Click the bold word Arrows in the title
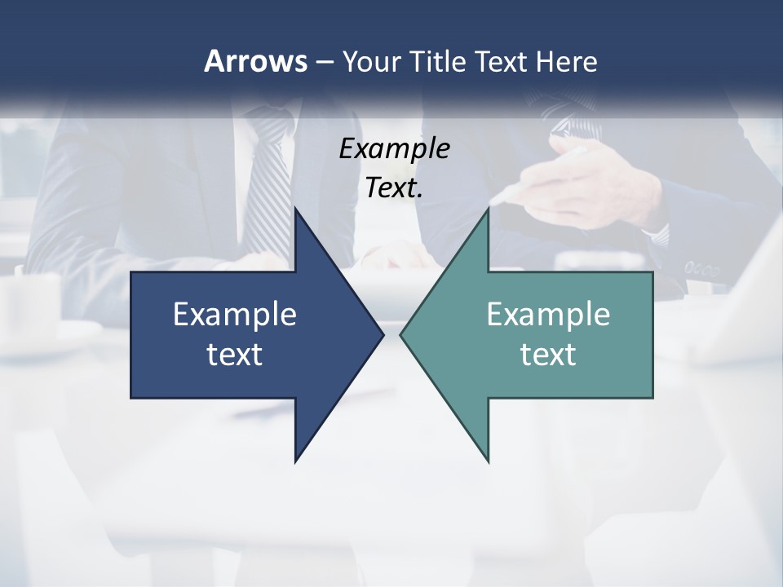(254, 61)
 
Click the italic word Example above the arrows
(394, 148)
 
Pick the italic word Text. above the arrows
(394, 188)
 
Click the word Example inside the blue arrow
(235, 314)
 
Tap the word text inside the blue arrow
(235, 354)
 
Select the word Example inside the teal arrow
(548, 314)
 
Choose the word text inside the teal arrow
(548, 354)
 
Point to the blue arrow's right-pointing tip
(382, 334)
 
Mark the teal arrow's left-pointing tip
(401, 334)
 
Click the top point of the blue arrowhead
(296, 210)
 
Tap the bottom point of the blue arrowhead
(296, 461)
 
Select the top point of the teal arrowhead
(488, 210)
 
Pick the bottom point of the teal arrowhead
(488, 461)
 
